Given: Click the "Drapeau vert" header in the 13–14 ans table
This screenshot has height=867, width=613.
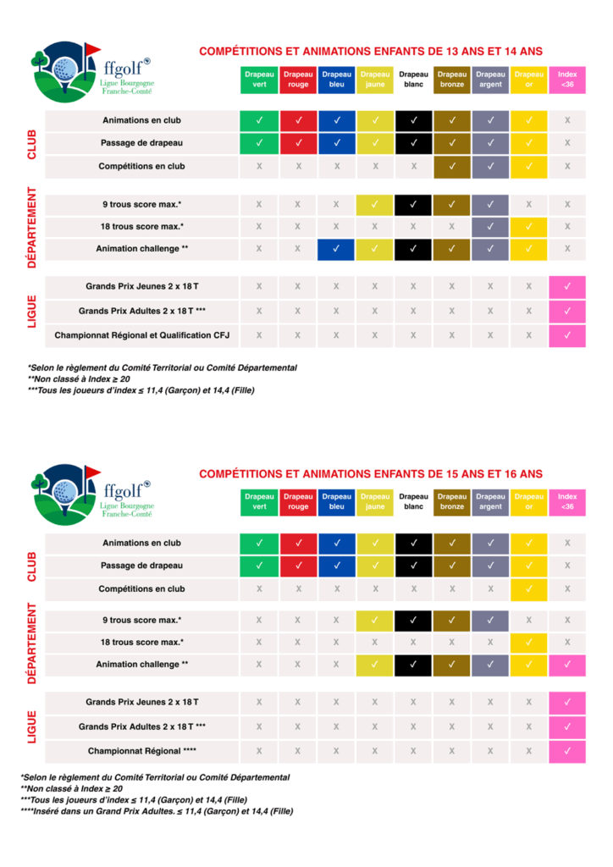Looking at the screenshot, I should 259,80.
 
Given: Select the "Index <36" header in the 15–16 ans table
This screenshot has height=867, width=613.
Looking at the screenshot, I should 567,501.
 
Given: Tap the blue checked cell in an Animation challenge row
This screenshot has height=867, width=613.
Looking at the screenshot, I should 336,249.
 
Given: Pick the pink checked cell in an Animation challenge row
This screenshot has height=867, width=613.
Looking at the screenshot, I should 567,664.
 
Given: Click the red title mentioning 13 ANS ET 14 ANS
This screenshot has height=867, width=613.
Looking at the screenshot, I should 371,52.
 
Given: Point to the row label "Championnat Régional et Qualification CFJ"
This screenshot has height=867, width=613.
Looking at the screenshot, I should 142,336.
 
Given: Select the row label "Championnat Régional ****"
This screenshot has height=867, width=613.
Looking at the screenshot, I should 142,751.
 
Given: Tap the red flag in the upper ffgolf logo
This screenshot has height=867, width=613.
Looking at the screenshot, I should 92,48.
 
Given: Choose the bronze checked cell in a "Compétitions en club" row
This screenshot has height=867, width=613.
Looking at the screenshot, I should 452,166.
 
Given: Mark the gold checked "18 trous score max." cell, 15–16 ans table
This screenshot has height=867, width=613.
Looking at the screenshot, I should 529,643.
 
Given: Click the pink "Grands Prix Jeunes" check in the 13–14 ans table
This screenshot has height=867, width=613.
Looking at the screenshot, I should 567,287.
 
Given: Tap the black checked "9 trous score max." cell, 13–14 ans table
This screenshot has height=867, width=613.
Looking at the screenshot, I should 413,204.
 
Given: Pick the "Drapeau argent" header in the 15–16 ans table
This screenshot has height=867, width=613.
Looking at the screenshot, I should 490,501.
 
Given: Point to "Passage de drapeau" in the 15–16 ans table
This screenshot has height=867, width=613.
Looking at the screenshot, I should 142,565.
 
